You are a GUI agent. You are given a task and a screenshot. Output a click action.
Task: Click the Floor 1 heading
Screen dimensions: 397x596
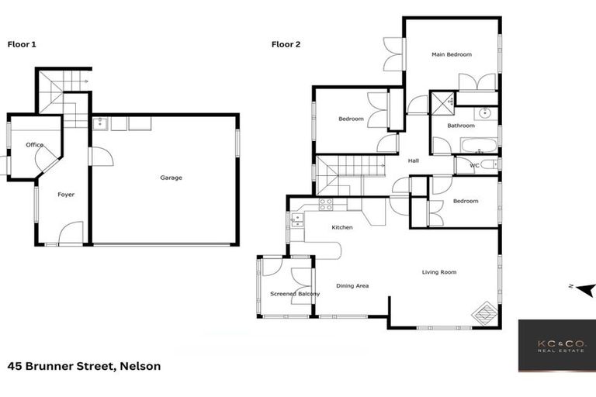(x=22, y=44)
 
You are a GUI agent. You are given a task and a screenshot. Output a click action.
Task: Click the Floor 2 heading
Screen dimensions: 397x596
(x=286, y=44)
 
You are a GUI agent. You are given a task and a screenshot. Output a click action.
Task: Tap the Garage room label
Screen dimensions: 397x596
(x=171, y=178)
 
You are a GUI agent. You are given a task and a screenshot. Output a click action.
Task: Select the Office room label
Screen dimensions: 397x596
(x=34, y=145)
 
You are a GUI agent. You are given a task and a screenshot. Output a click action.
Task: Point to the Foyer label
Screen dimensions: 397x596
(x=66, y=194)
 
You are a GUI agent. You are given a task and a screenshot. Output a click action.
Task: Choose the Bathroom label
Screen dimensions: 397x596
(x=460, y=125)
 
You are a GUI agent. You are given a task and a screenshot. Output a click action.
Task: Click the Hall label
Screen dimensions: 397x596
(x=413, y=161)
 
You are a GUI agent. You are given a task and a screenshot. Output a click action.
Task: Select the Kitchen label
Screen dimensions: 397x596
(x=342, y=227)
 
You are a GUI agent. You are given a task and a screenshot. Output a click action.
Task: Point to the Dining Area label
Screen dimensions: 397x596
(x=352, y=285)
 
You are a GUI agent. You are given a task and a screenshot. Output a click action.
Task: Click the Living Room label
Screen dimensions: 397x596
(x=439, y=272)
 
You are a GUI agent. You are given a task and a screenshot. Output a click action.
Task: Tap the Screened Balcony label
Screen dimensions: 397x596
(x=294, y=294)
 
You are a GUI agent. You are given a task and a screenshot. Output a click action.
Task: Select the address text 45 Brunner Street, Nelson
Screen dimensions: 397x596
(x=84, y=366)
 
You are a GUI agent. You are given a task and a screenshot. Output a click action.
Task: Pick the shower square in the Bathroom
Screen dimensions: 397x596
(x=442, y=101)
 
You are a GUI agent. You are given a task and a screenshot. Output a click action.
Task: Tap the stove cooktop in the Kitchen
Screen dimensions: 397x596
(x=326, y=204)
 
